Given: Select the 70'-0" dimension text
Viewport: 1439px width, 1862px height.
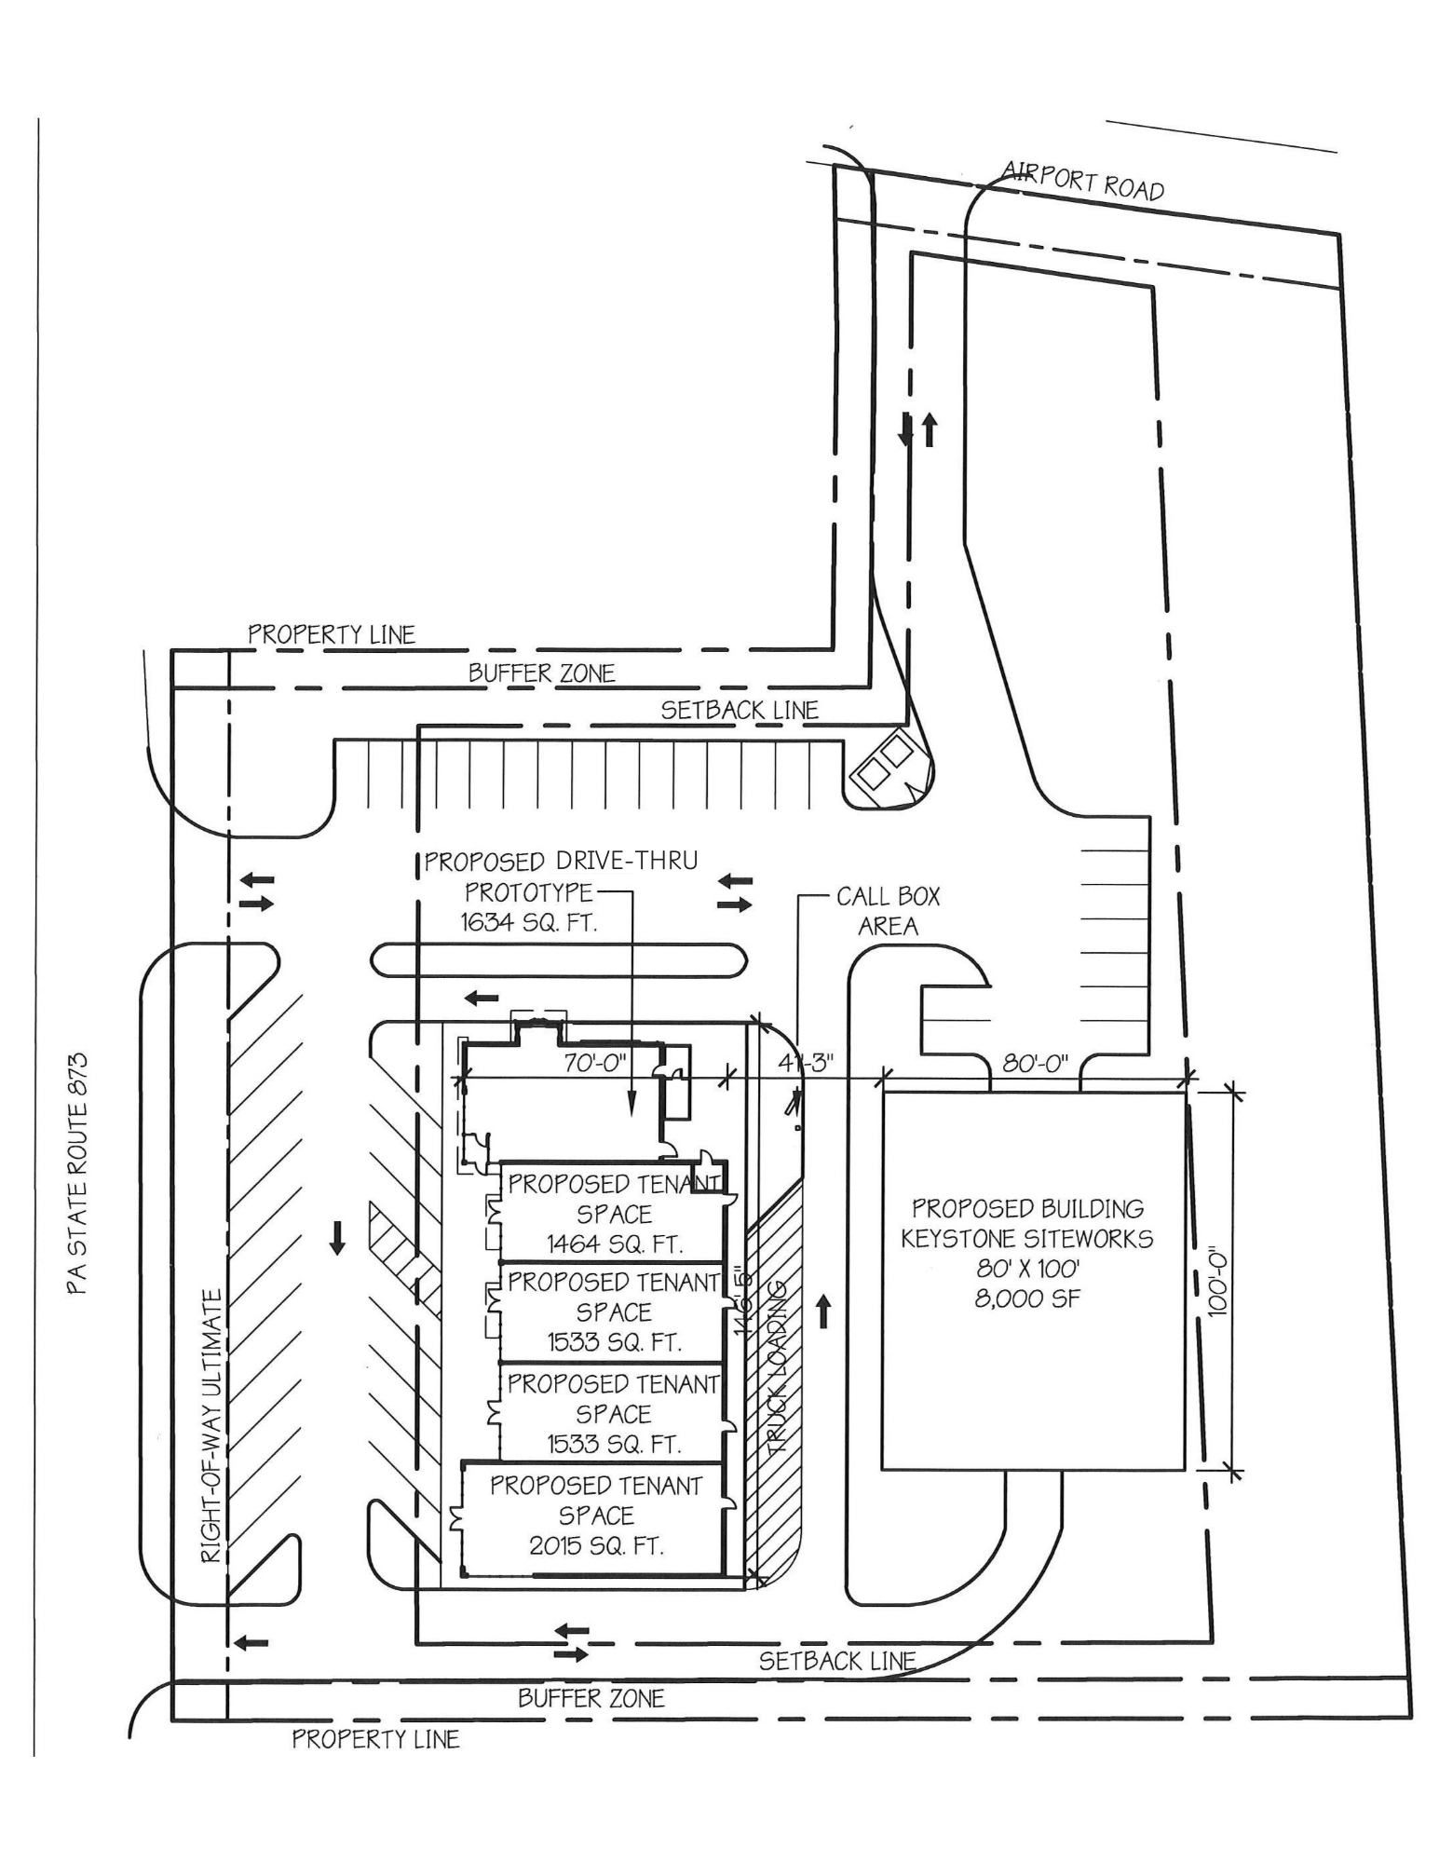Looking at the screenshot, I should point(596,1063).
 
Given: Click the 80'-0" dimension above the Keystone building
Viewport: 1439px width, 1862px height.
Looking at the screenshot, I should point(1035,1063).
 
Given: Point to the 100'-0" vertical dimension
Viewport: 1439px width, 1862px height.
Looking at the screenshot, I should point(1218,1283).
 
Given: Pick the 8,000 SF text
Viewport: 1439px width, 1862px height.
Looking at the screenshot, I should point(1027,1298).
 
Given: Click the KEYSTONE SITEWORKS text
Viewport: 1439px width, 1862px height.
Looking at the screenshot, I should point(1027,1239).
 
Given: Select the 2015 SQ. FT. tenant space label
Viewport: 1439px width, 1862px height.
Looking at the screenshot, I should point(596,1545).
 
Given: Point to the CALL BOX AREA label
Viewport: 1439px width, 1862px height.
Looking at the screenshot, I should point(888,911).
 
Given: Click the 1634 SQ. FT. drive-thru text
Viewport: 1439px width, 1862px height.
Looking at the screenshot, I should point(528,922).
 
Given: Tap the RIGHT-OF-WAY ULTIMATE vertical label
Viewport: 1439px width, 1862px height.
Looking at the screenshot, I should point(212,1425).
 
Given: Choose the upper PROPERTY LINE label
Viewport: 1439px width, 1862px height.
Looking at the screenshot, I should point(332,634).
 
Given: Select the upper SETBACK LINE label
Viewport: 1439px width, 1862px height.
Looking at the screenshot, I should point(740,710).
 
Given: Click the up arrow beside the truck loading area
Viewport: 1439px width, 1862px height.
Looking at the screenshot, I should point(822,1314).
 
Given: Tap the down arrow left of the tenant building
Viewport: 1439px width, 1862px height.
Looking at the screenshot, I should point(337,1239).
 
